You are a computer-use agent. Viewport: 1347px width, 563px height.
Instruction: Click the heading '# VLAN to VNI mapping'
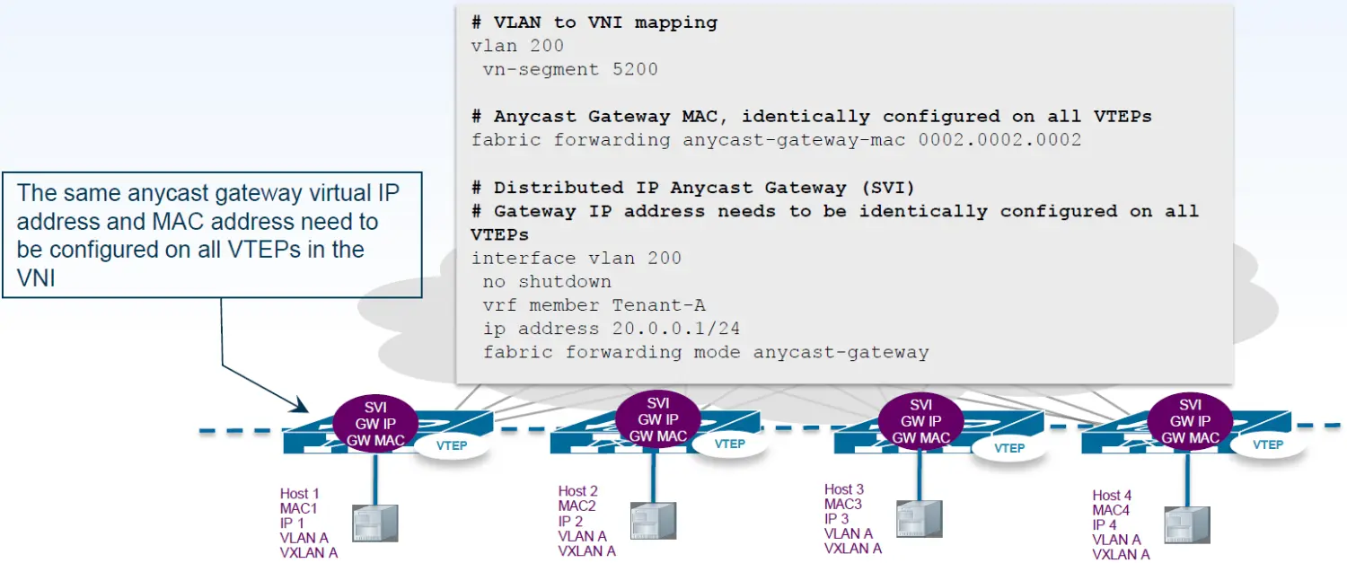point(594,22)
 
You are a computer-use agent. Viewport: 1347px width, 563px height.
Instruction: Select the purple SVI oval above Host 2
point(658,419)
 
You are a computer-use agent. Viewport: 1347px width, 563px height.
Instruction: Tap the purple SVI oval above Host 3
point(920,421)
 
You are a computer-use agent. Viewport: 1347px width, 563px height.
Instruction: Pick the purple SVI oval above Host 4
point(1190,421)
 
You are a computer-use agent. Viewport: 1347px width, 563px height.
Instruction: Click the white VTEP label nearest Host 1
point(452,445)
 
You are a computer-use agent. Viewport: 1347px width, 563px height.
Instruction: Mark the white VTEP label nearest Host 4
point(1267,444)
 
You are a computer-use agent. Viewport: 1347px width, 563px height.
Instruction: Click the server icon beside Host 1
point(374,523)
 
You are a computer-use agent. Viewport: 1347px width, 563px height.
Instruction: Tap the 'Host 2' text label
point(577,491)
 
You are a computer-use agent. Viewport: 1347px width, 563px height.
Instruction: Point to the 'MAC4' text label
point(1111,510)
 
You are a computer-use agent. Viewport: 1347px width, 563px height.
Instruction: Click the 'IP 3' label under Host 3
point(836,519)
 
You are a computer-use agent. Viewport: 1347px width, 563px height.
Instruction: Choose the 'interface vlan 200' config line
point(576,259)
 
